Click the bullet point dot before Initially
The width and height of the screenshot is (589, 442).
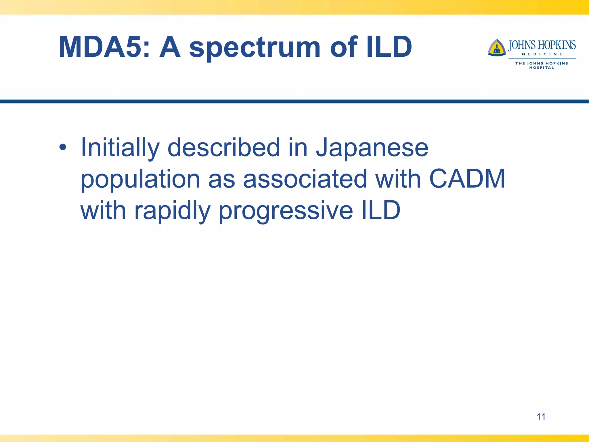click(63, 148)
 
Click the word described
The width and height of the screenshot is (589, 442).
click(223, 148)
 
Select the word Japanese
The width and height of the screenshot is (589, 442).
click(372, 148)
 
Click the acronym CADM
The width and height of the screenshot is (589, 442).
click(467, 179)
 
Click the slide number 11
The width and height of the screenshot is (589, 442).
click(541, 417)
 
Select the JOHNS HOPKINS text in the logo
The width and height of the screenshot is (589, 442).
click(542, 45)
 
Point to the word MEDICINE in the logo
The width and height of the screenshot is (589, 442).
click(542, 54)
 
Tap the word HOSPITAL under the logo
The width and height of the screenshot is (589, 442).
click(542, 68)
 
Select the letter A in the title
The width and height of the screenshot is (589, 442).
click(170, 47)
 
